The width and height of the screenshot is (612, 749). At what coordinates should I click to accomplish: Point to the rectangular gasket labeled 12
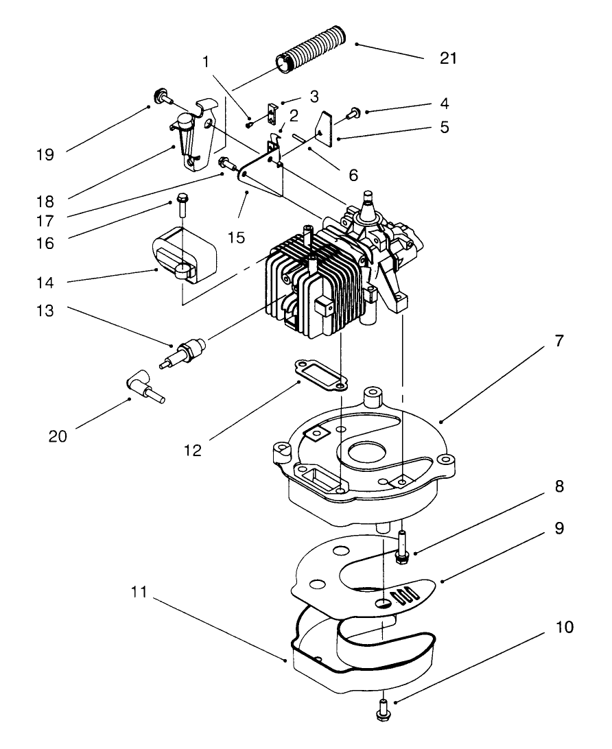click(318, 376)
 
